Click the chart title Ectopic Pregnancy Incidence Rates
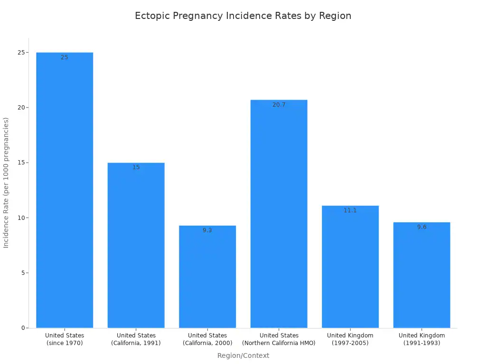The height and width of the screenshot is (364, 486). pos(243,16)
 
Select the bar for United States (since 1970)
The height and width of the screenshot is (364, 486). pos(65,190)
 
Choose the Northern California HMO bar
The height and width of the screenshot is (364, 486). pos(279,213)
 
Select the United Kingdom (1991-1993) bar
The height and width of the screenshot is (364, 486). pos(422,275)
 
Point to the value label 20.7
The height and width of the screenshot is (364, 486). pos(279,105)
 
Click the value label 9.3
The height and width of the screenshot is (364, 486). pos(207,230)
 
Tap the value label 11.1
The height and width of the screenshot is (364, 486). pos(350,210)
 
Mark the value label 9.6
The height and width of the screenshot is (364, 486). pos(422,227)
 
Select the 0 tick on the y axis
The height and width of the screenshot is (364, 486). pos(22,328)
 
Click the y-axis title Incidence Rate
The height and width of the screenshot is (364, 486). pos(6,183)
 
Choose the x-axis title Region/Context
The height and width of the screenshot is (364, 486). pos(243,355)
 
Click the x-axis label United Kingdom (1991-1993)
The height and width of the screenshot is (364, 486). pos(422,339)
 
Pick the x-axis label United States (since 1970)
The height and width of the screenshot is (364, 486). pos(65,339)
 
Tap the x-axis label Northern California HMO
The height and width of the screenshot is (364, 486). pos(279,339)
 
